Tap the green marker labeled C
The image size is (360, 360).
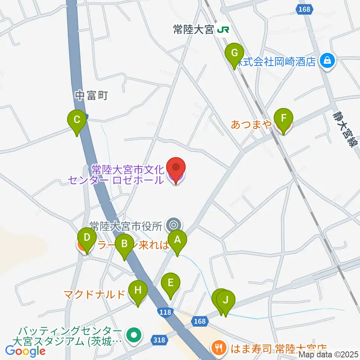(76, 120)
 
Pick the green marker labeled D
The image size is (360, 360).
(87, 238)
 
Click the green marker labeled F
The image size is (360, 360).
(283, 119)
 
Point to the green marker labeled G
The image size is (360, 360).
(234, 53)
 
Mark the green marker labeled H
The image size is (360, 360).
(138, 291)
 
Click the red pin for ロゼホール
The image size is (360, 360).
(176, 168)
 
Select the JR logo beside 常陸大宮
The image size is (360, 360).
(223, 30)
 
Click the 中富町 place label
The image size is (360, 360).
(91, 96)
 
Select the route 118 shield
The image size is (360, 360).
(165, 312)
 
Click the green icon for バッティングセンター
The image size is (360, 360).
(133, 335)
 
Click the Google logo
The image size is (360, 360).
(25, 351)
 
